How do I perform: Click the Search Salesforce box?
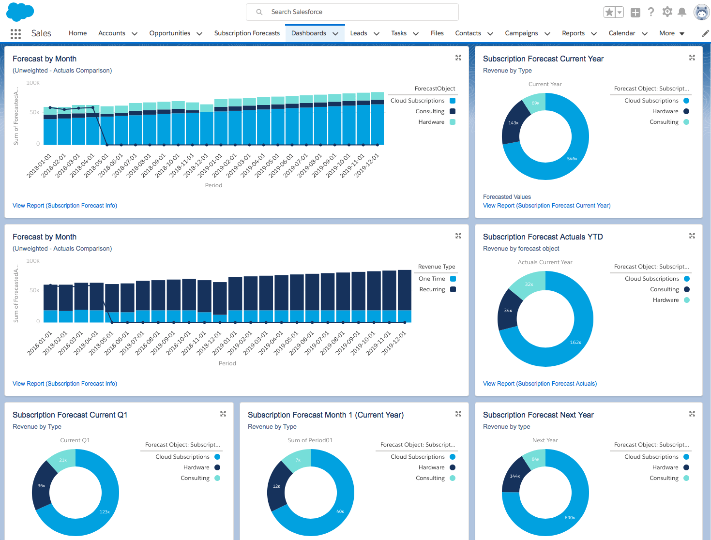click(352, 12)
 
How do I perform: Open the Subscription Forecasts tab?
click(247, 33)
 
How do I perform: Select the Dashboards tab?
click(309, 33)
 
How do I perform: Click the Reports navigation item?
click(573, 33)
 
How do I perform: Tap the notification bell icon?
click(682, 12)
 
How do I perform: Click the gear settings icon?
click(667, 12)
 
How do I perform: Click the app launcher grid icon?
click(15, 33)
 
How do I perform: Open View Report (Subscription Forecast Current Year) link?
click(546, 206)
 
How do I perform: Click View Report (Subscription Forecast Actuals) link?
click(540, 384)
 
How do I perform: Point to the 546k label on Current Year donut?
click(572, 159)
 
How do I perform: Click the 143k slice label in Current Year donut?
click(513, 123)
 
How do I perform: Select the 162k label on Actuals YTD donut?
click(575, 343)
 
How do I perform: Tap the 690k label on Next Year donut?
click(570, 518)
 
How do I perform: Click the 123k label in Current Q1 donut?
click(105, 512)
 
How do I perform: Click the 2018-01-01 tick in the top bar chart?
click(39, 166)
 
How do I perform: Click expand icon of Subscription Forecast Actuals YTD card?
click(692, 236)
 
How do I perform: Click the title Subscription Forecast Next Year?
click(538, 415)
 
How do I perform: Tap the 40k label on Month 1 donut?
click(340, 511)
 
